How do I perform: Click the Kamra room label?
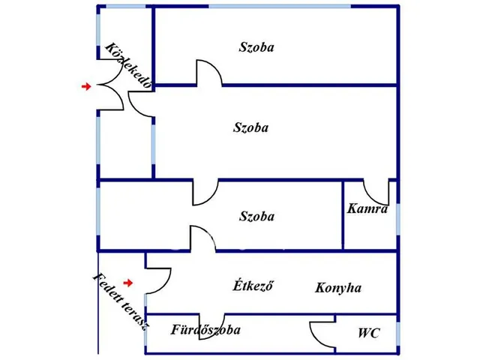(367, 208)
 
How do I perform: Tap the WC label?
(369, 333)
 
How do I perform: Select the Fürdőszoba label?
(205, 330)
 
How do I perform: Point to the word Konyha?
(338, 288)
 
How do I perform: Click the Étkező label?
(253, 285)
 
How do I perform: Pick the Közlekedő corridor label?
(128, 65)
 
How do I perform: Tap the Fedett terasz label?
(121, 301)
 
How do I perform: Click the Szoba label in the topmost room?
(256, 47)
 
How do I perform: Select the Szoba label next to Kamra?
(256, 216)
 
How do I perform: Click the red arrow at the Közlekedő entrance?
(86, 87)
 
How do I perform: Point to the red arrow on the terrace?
(128, 283)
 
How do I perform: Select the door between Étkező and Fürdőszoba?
(211, 326)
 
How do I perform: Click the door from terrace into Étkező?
(158, 281)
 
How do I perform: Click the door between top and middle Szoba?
(209, 73)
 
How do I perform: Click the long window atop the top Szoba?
(280, 6)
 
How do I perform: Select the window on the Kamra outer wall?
(398, 219)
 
